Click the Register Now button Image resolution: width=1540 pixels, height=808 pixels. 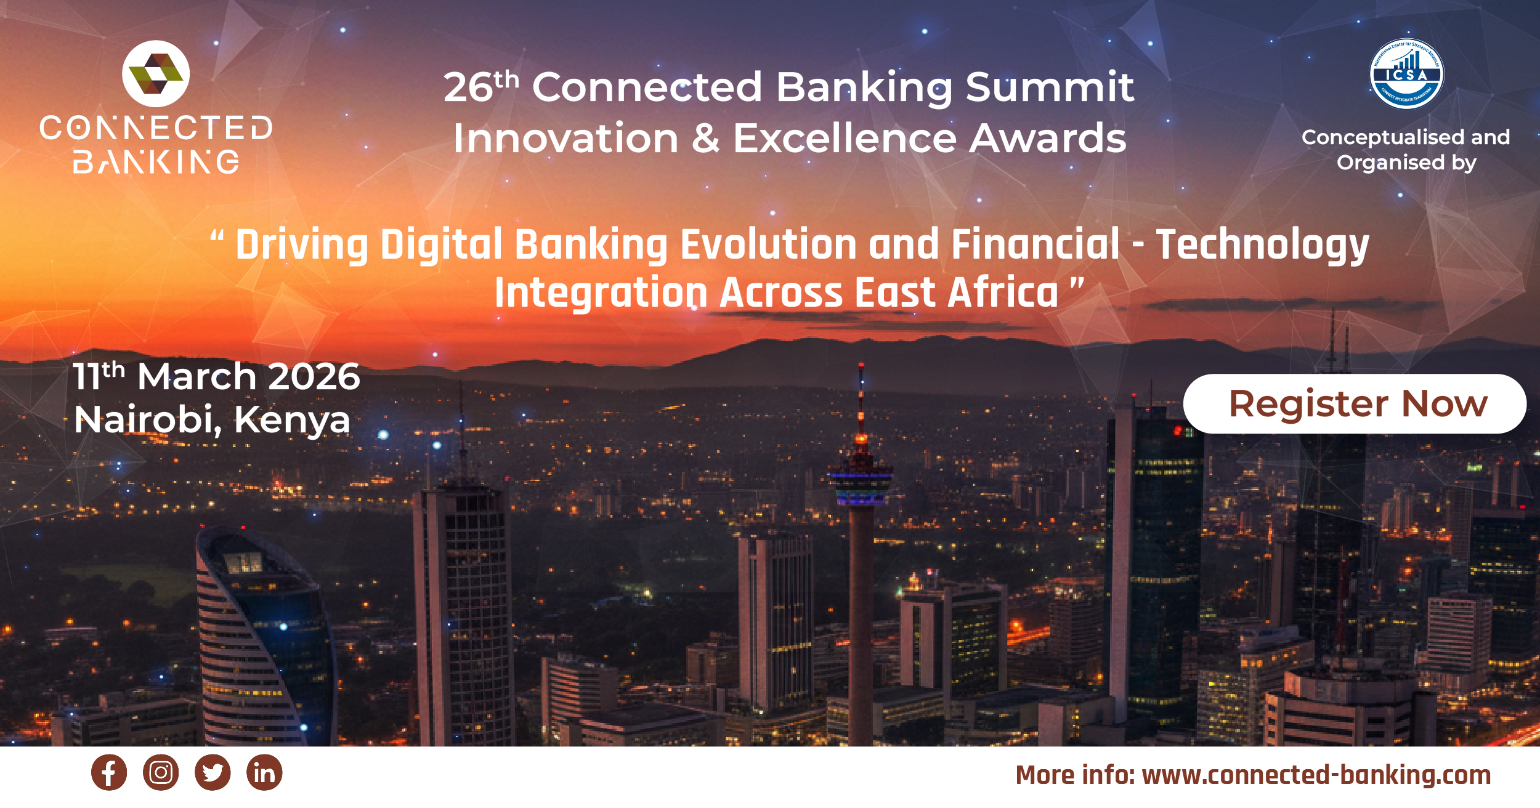(x=1355, y=404)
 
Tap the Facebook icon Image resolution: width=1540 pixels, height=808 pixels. (x=109, y=772)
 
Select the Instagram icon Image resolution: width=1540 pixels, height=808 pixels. (x=161, y=772)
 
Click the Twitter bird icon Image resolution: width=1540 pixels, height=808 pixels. (x=213, y=772)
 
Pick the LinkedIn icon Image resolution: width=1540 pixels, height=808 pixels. (x=264, y=772)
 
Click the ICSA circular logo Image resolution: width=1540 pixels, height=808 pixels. (x=1406, y=74)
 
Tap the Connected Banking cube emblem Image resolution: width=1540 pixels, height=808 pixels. (x=156, y=74)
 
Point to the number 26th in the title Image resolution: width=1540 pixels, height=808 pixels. (x=481, y=86)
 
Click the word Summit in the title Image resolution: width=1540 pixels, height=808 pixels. (x=1050, y=86)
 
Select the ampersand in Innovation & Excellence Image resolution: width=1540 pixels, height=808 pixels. (x=705, y=138)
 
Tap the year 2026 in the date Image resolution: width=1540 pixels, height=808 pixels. (x=314, y=376)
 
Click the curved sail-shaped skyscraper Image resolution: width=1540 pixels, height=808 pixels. (x=259, y=634)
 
